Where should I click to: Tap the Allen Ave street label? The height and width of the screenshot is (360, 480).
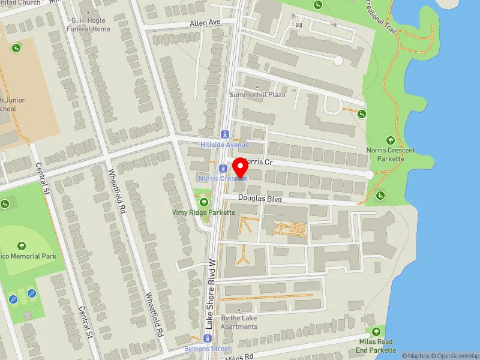(206, 22)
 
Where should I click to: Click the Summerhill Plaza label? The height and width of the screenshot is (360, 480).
(257, 95)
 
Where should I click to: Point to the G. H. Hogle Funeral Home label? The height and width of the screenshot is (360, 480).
(89, 25)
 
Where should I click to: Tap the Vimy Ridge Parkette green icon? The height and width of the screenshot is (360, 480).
(204, 202)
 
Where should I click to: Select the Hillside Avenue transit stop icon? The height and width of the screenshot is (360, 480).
(224, 134)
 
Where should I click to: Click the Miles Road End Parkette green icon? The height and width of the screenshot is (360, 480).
(376, 332)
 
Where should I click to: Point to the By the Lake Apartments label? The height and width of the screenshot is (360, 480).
(239, 322)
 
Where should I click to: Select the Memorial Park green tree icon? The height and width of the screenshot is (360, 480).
(22, 246)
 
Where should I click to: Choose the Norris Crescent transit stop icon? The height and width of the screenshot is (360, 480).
(223, 169)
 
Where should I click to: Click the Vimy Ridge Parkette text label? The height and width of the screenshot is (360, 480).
(204, 212)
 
